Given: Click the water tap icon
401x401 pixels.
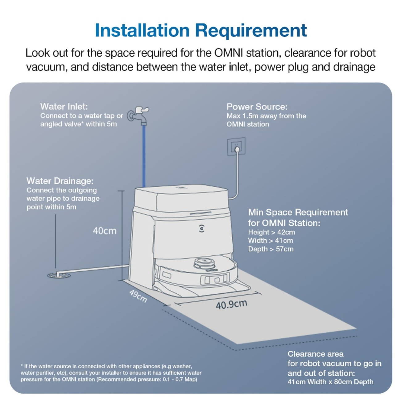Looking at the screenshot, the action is coord(138,116).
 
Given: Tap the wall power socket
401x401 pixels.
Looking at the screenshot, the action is coord(236,146).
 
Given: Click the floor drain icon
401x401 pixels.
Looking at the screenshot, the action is coord(59,275).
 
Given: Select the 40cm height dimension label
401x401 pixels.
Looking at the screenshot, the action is coord(105,231).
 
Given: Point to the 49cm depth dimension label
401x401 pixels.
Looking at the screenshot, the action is coord(138,296).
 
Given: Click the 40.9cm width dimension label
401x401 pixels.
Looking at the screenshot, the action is coord(231,305).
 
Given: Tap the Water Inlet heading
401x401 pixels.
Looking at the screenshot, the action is coord(64,106).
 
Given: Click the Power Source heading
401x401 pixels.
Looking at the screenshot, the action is coord(257,107).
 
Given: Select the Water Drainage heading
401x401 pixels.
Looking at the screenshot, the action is coord(60,181).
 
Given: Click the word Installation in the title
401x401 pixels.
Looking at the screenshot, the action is coord(142,30).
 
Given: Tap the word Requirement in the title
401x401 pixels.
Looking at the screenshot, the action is coord(251,31).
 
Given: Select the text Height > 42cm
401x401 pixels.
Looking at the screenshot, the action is coord(271,232).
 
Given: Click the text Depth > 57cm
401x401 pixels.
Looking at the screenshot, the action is coord(271,249).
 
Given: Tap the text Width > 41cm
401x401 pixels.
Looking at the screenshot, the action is coord(271,241).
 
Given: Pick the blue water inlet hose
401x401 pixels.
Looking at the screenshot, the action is coord(144,156).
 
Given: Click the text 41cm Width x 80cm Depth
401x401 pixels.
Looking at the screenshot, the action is coord(330,382).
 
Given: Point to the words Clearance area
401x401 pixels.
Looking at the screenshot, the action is coord(316,354).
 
